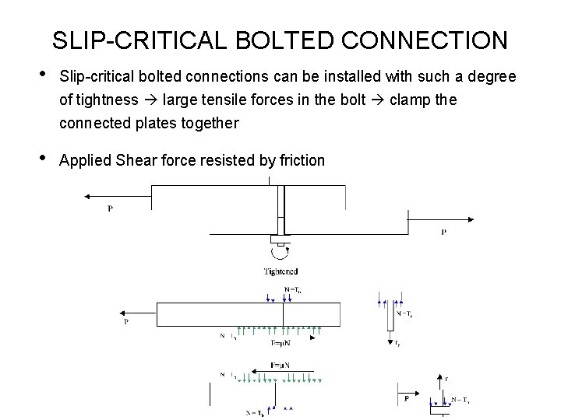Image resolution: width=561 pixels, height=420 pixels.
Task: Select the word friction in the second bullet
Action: (298, 161)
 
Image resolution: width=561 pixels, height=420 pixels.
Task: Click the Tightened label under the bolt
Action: (280, 271)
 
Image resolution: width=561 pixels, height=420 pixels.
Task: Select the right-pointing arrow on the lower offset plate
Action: (436, 220)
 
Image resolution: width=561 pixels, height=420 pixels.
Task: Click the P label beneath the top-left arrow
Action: (110, 208)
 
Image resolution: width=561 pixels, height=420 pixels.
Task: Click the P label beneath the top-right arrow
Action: (443, 232)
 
